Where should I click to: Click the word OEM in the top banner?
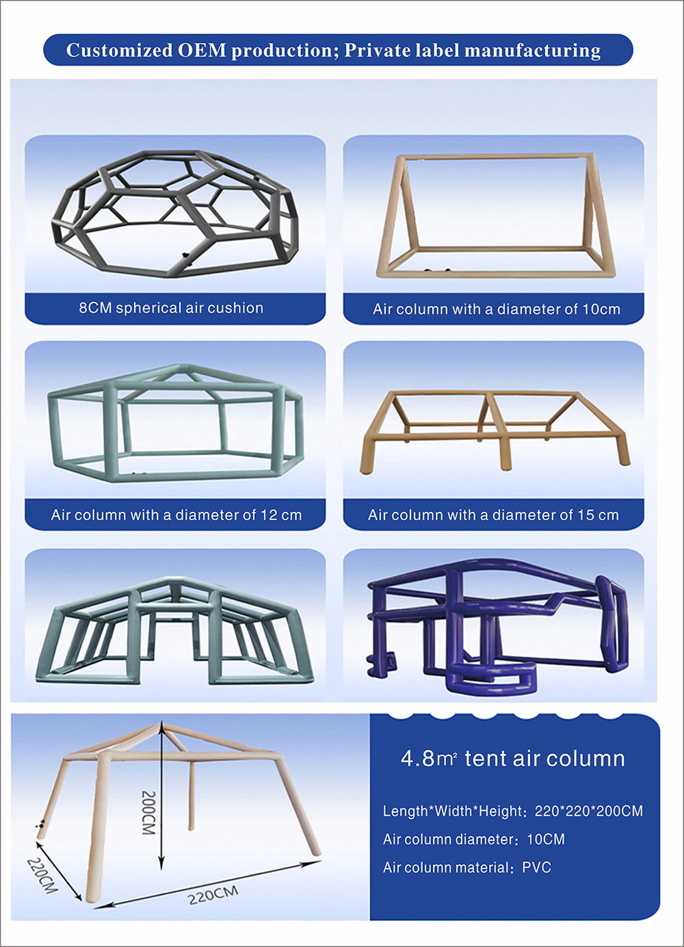[202, 51]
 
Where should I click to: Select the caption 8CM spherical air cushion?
[171, 308]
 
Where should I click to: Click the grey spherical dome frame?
[174, 212]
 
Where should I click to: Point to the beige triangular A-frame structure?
[494, 216]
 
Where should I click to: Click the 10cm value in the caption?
[601, 309]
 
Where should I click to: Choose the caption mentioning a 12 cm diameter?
[176, 515]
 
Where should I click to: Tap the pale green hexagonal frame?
[174, 424]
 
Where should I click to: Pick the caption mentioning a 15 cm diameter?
[493, 515]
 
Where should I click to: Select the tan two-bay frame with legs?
[494, 428]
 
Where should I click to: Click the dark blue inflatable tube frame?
[496, 623]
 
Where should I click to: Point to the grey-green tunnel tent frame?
[174, 630]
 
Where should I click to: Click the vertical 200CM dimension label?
[148, 812]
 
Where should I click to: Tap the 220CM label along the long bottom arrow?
[213, 894]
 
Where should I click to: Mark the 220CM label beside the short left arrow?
[42, 875]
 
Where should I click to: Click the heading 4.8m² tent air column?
[512, 759]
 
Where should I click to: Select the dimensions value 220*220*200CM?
[589, 812]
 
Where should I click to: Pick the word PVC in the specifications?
[536, 868]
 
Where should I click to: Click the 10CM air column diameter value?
[546, 840]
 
